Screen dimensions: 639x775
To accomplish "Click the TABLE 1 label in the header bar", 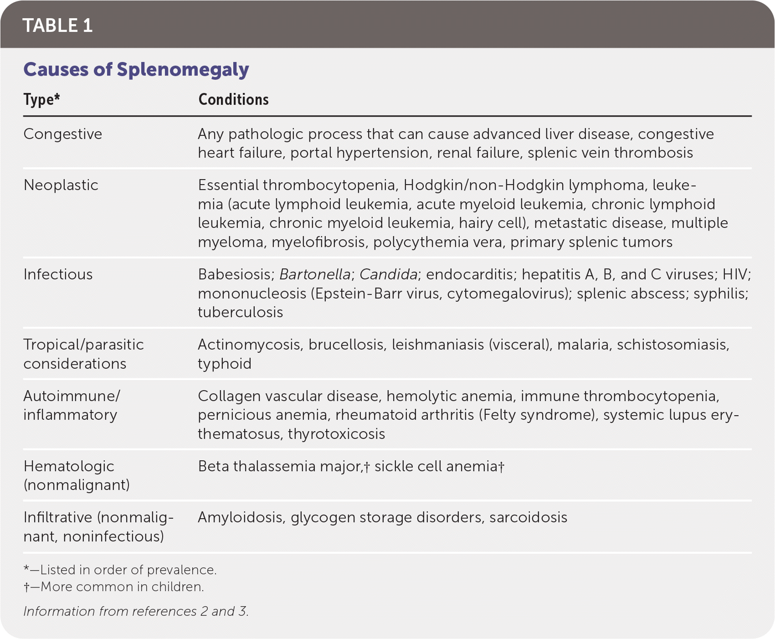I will [x=57, y=26].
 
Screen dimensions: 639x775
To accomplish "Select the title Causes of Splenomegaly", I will [x=136, y=69].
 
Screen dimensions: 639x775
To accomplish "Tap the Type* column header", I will [x=41, y=99].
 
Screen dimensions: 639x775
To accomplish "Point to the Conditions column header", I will [x=233, y=99].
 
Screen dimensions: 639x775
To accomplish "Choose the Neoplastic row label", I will [x=61, y=185].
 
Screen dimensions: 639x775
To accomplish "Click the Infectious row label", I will [x=58, y=274].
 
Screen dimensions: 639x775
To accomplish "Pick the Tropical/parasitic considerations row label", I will [x=83, y=354].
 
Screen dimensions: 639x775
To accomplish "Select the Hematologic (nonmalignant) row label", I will [x=77, y=475].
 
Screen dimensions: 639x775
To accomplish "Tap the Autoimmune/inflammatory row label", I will [x=72, y=405].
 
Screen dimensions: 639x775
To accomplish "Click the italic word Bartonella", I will [x=315, y=274].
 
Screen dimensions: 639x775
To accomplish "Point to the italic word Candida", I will [x=388, y=274].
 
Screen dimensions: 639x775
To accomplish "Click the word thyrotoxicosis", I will [x=336, y=434].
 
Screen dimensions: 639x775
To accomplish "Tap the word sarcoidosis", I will [x=528, y=517].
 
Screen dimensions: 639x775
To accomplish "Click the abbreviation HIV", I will [x=735, y=274].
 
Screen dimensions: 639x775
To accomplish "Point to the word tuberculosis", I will [x=240, y=312].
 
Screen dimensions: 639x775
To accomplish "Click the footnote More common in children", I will [x=114, y=587].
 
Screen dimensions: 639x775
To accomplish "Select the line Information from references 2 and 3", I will [x=136, y=611].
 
